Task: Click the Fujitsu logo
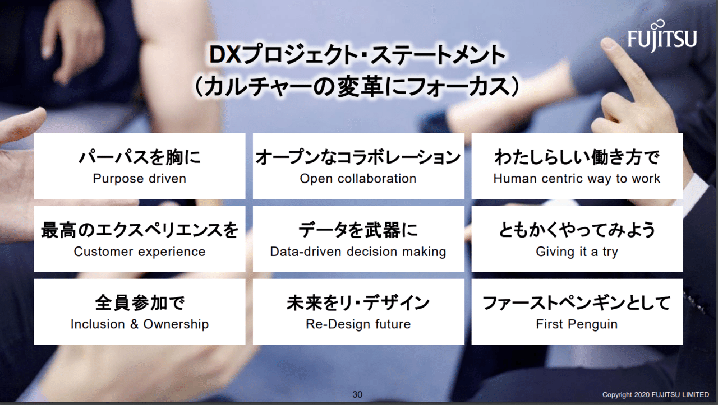(x=662, y=37)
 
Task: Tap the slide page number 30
(x=357, y=394)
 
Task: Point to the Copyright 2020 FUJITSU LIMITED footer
(x=656, y=395)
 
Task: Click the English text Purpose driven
(x=140, y=179)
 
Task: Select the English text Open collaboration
(x=358, y=179)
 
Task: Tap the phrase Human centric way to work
(x=577, y=179)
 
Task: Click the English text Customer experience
(x=140, y=252)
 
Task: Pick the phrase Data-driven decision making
(x=358, y=252)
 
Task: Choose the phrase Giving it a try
(x=577, y=252)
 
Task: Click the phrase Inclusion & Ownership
(x=140, y=324)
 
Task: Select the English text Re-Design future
(x=358, y=324)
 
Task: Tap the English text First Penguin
(x=577, y=324)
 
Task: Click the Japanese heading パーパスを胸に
(x=140, y=157)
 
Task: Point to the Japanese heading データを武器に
(x=358, y=230)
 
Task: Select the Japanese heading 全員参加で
(x=140, y=303)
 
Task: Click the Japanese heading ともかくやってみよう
(x=577, y=230)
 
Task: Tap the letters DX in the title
(x=225, y=55)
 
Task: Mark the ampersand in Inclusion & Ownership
(x=134, y=324)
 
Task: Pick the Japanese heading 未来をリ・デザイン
(x=358, y=303)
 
